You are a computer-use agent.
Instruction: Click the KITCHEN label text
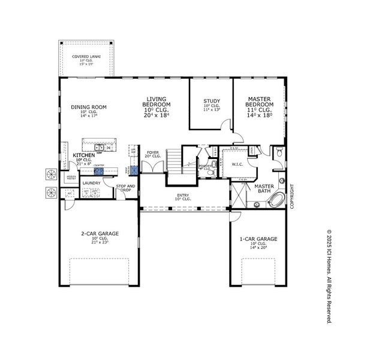pyautogui.click(x=83, y=155)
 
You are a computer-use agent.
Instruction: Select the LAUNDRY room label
pyautogui.click(x=91, y=183)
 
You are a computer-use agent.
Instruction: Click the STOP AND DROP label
pyautogui.click(x=126, y=188)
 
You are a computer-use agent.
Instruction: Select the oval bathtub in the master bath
pyautogui.click(x=276, y=200)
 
